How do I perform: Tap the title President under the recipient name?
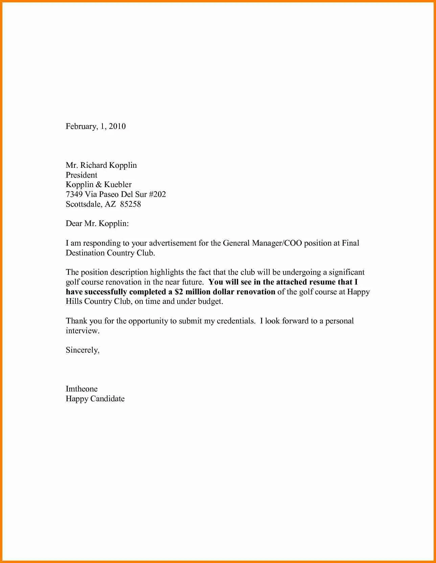pos(82,175)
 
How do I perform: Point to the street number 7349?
pos(74,194)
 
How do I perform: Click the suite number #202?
pos(157,194)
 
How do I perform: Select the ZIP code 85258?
pos(131,204)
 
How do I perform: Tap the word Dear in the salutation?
pos(73,223)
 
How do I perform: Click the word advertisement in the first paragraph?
pos(173,243)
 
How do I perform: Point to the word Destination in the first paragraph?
pos(85,253)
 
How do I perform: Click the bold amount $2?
pos(179,292)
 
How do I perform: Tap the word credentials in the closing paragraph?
pos(236,321)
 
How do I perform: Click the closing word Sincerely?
pos(82,350)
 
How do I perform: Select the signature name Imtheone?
pos(82,389)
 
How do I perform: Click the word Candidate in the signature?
pos(107,399)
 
